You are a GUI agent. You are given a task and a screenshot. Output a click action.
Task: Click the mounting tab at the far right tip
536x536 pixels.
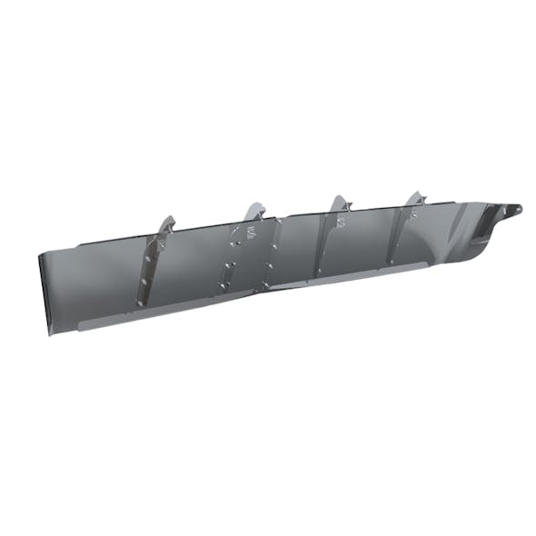(513, 211)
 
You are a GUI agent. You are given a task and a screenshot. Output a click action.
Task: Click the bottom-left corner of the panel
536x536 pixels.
(45, 310)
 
